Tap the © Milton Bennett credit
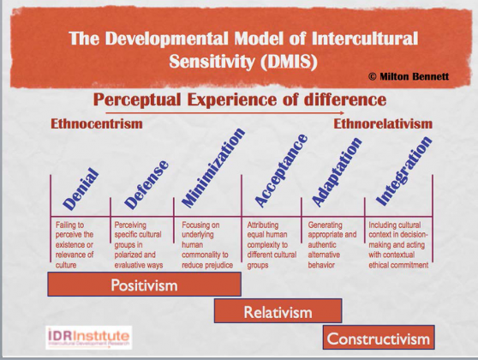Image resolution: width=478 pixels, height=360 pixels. point(410,76)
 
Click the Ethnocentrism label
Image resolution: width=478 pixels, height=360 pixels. point(96,124)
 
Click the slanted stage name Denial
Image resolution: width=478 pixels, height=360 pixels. point(78,190)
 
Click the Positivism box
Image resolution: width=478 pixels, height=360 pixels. point(143,285)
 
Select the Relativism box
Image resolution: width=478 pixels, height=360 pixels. point(278,311)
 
